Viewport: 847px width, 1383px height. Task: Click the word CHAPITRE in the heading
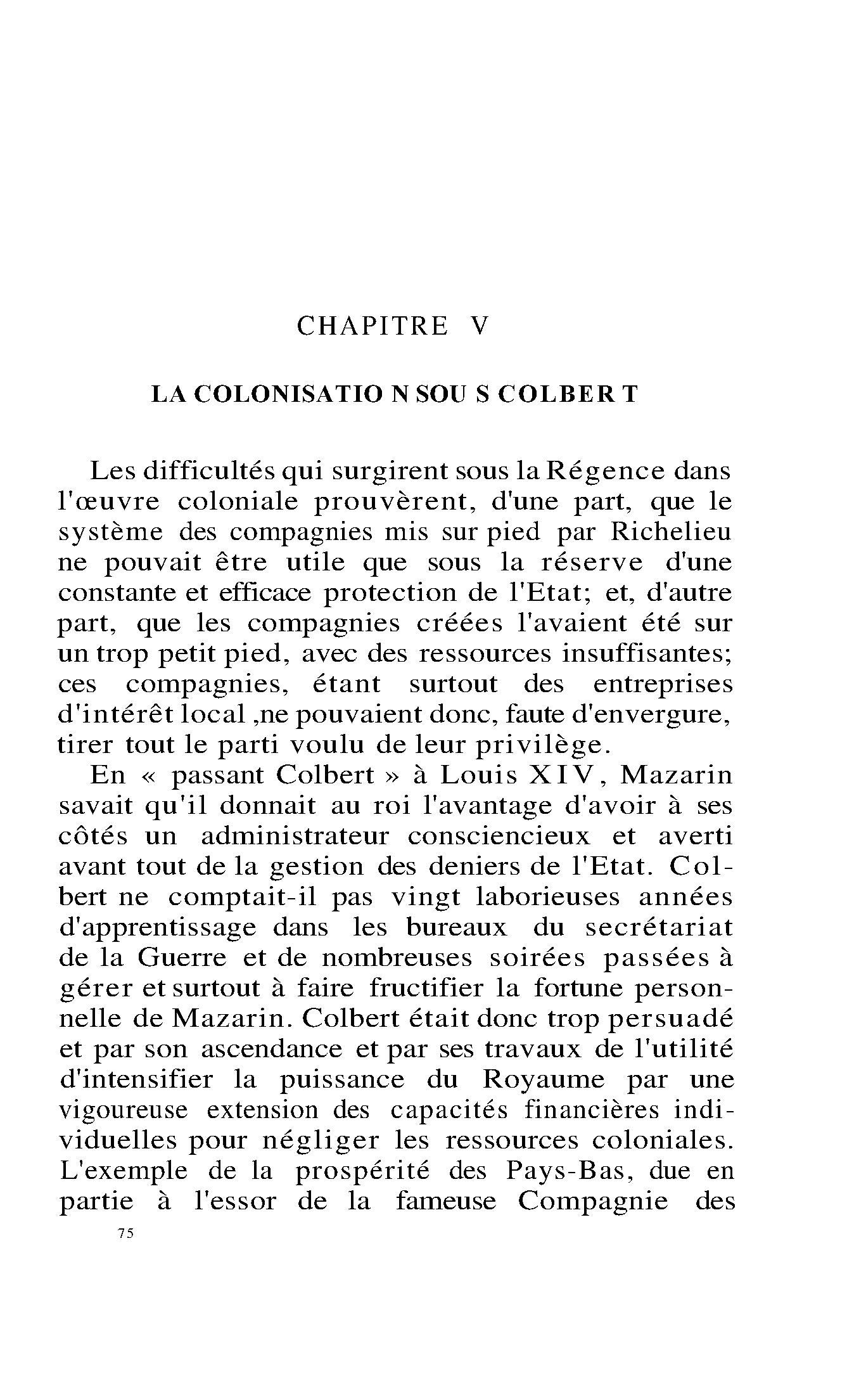tap(373, 326)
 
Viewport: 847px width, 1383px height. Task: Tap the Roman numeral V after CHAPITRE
tap(480, 326)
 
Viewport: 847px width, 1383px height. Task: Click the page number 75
tap(125, 1233)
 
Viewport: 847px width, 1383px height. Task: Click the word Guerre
tap(181, 957)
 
